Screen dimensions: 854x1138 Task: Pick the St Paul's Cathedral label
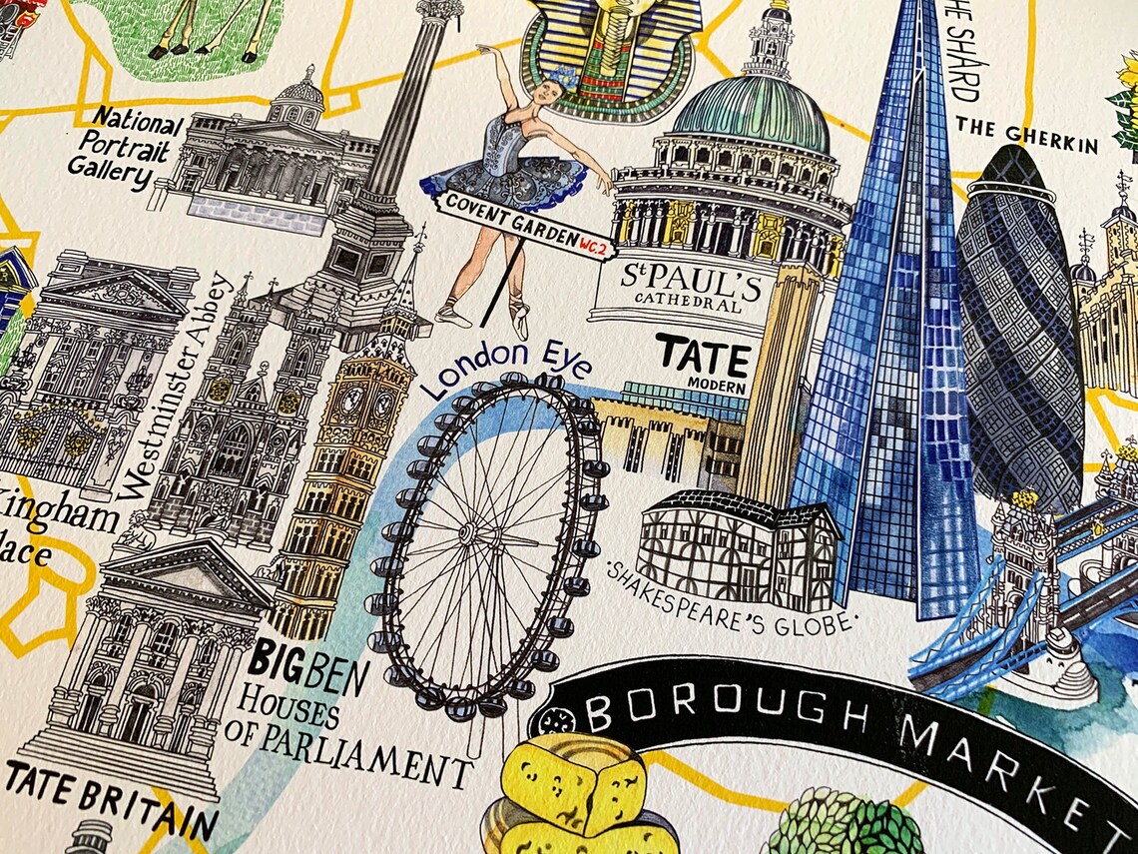(x=689, y=288)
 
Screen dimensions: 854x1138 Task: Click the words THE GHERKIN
(x=1026, y=135)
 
